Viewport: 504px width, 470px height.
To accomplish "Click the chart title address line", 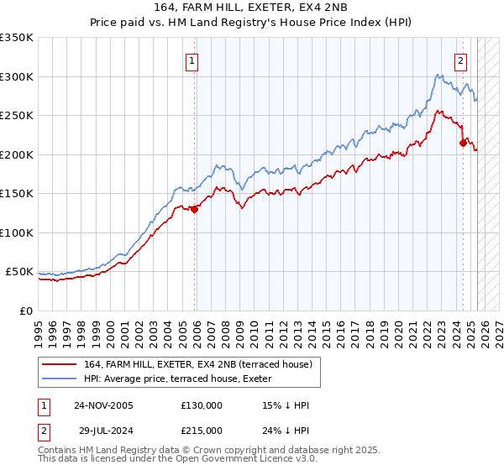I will pos(251,7).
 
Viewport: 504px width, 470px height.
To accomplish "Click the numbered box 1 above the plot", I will pos(192,60).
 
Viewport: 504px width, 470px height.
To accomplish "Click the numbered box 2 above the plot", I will pos(461,60).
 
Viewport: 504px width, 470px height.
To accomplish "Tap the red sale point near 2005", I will pos(194,210).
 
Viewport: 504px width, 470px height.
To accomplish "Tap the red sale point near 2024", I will pos(463,143).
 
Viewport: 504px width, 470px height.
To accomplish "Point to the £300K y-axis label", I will pos(17,76).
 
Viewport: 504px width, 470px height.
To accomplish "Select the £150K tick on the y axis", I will pos(17,194).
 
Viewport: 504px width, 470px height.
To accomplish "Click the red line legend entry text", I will pos(197,363).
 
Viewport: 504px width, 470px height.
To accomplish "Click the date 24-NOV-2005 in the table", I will pos(103,405).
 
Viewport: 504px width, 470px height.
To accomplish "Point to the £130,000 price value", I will pos(202,405).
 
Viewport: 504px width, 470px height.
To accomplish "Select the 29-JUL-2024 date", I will pos(103,430).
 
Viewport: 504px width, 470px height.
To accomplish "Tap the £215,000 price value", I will pos(202,430).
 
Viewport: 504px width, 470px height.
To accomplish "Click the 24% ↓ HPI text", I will pos(286,430).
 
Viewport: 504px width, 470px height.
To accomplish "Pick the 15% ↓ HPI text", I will pos(286,405).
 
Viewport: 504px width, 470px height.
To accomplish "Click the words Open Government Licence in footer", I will pos(238,462).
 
